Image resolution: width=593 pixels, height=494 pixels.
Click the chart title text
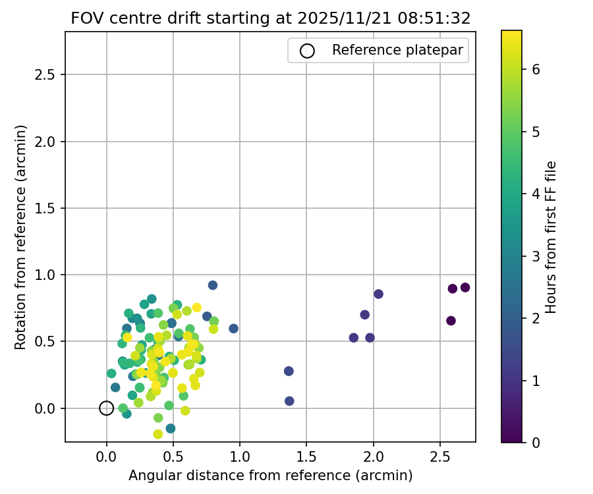(x=270, y=18)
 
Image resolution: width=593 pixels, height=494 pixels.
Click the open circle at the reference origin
(x=107, y=408)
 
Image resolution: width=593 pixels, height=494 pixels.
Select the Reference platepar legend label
(x=397, y=50)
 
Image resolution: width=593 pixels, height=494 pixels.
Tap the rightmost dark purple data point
(x=465, y=287)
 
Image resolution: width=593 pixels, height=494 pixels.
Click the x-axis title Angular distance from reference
(x=270, y=476)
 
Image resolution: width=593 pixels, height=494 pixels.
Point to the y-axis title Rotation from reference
(x=21, y=236)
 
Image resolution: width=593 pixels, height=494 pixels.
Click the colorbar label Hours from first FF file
(x=551, y=236)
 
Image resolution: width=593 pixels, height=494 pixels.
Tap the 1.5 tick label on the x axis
(x=306, y=456)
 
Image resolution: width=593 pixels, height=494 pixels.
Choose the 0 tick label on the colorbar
(x=537, y=443)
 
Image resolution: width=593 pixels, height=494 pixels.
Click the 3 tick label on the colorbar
(x=537, y=256)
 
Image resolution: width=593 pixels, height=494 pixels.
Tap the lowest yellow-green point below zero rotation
(x=158, y=434)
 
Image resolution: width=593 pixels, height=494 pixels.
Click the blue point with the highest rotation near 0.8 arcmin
(x=213, y=285)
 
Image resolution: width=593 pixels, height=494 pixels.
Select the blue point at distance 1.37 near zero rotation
(x=289, y=401)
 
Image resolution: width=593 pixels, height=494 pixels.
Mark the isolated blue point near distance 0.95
(x=233, y=329)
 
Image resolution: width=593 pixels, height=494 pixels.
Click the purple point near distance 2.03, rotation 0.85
(x=378, y=294)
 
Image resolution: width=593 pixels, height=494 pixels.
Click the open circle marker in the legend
(x=307, y=51)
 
